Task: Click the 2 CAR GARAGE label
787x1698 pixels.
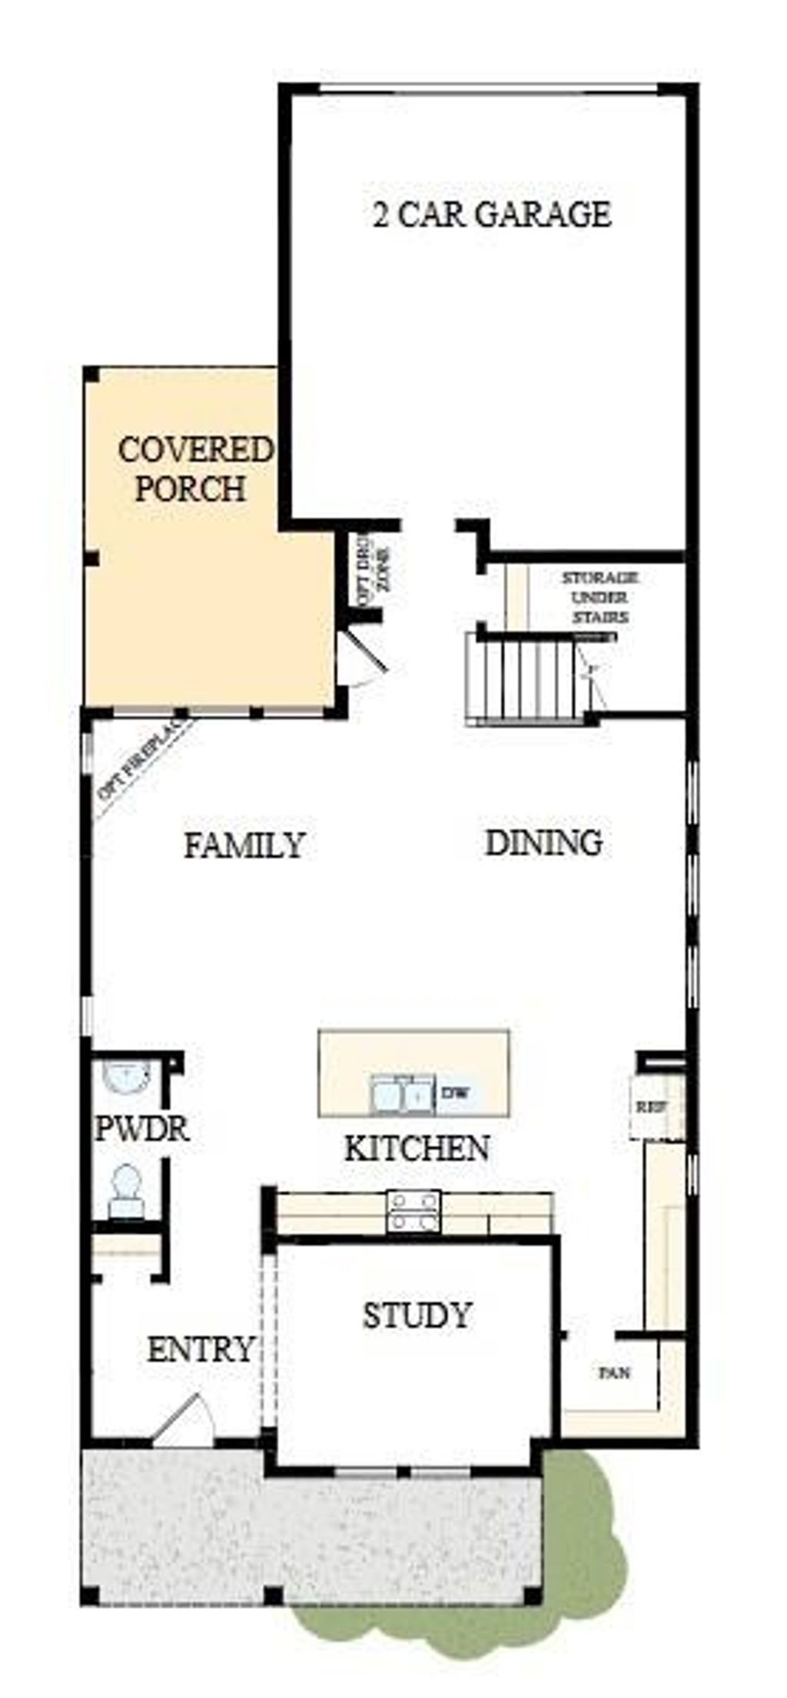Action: point(492,214)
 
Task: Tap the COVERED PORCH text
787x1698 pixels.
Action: point(194,469)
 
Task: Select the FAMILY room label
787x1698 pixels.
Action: point(244,845)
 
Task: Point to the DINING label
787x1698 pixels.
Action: point(543,843)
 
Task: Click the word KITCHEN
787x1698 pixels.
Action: point(416,1148)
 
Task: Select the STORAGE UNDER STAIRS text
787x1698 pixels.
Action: point(599,598)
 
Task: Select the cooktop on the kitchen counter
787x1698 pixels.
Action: point(413,1212)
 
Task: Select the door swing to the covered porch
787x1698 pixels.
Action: point(363,657)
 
